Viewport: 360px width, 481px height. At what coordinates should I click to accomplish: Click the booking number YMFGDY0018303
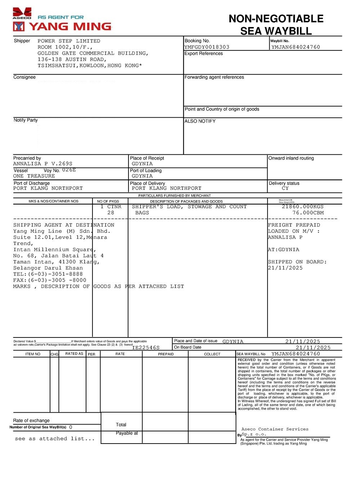click(207, 47)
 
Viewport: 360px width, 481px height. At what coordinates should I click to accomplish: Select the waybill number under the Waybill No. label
click(296, 47)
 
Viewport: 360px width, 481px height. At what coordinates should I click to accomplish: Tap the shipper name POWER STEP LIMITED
click(69, 41)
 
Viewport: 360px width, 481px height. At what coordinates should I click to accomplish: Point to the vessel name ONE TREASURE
click(34, 176)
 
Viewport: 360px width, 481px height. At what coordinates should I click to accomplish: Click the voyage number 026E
click(69, 170)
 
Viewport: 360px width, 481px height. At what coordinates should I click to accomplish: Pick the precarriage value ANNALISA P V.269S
click(43, 164)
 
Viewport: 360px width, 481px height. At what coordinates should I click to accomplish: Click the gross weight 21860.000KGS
click(302, 207)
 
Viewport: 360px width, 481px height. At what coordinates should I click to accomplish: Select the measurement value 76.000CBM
click(308, 213)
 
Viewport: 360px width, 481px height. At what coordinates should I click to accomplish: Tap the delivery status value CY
click(285, 188)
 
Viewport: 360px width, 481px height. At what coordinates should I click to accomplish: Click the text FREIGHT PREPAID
click(294, 225)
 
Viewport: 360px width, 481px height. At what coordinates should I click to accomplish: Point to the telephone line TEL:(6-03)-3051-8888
click(48, 274)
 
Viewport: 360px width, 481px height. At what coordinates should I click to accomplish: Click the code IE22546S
click(146, 348)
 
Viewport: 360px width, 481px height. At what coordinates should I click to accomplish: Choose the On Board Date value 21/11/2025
click(313, 348)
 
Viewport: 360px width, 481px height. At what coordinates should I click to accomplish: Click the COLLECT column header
click(212, 354)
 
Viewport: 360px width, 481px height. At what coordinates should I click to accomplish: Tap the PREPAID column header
click(166, 354)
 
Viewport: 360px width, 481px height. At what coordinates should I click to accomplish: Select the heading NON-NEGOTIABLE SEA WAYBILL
click(276, 24)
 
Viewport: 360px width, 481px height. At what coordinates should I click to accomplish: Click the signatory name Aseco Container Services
click(275, 429)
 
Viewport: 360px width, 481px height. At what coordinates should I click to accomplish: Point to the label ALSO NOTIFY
click(200, 121)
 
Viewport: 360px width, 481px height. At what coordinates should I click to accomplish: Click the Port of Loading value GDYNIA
click(142, 176)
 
